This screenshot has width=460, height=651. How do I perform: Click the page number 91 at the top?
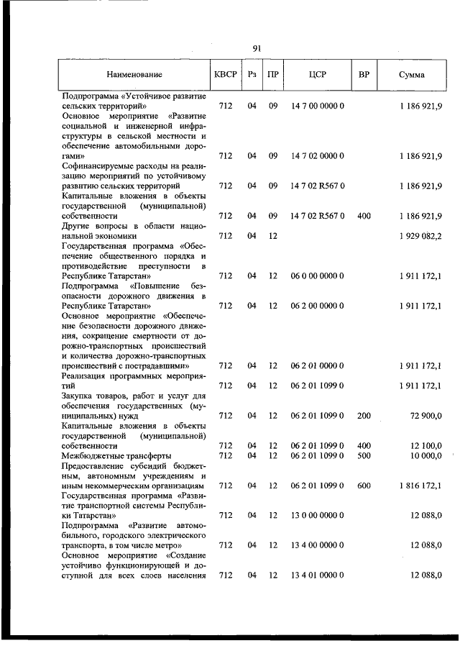coord(257,48)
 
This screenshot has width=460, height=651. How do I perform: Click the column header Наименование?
coord(134,75)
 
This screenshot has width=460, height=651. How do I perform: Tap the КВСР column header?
coord(225,75)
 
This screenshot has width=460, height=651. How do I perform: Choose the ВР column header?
coord(364,75)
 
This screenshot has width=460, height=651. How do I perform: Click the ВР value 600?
coord(364,486)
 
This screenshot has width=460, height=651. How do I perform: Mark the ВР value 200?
coord(364,416)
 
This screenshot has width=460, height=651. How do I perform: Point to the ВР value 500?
coord(364,455)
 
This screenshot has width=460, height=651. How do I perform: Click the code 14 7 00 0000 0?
coord(318,106)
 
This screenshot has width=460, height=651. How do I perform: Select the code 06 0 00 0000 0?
coord(318,276)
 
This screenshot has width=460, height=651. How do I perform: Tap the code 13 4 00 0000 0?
coord(318,545)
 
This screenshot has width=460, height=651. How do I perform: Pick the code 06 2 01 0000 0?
coord(318,365)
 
